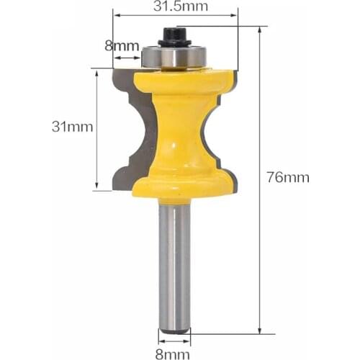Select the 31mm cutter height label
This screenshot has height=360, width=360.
pos(72,127)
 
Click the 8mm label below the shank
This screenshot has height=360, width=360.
pos(174,352)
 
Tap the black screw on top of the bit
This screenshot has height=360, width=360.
pos(173,35)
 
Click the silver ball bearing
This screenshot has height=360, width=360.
pos(174,56)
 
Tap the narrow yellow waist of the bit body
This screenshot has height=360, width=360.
pos(176,126)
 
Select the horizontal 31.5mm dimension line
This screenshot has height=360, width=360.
pos(175,16)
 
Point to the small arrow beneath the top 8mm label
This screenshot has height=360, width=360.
pos(127,56)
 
